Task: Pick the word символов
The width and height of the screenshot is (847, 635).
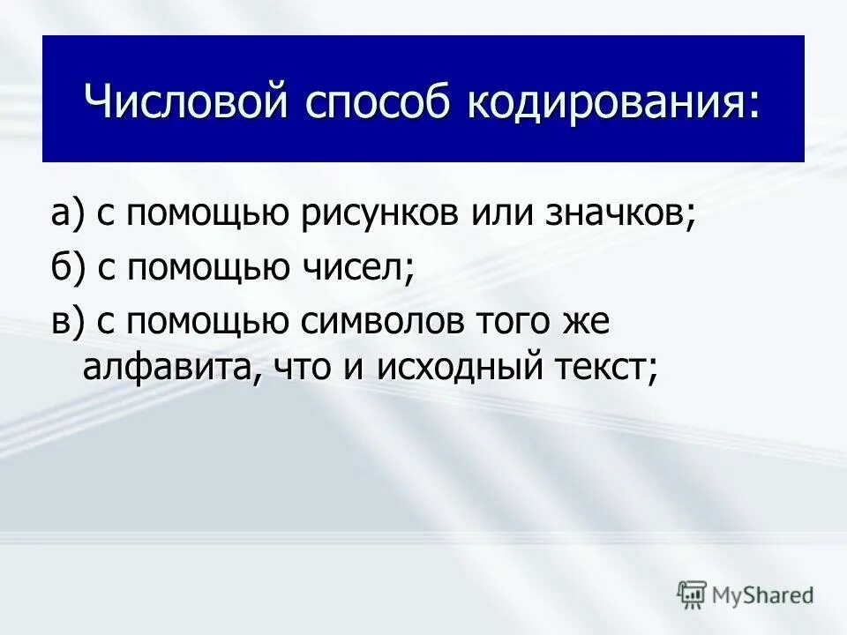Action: pyautogui.click(x=375, y=322)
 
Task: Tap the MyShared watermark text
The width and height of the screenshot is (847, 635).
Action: pyautogui.click(x=762, y=595)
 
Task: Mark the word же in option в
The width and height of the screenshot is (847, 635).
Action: pyautogui.click(x=587, y=322)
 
